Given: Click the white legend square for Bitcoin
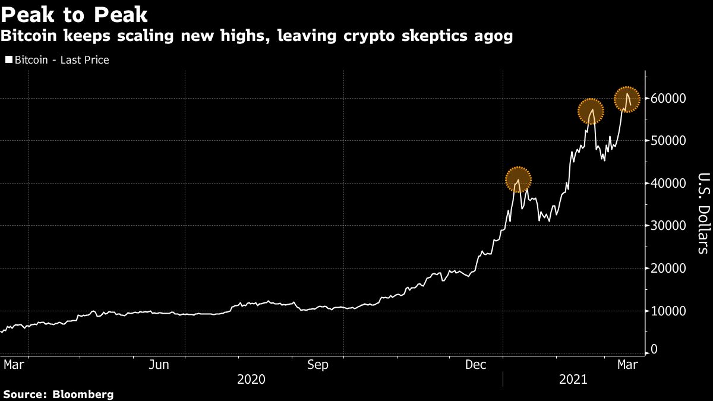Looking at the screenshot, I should [x=8, y=60].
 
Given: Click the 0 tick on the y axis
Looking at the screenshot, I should [x=654, y=350].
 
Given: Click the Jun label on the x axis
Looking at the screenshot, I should [x=159, y=364].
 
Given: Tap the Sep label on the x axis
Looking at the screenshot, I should [x=317, y=364].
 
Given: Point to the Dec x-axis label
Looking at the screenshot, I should [x=477, y=364].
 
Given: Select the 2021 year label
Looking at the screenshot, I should [x=573, y=379].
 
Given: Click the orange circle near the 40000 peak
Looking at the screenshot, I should [x=518, y=179].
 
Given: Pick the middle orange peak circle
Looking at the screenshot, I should [x=591, y=111].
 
